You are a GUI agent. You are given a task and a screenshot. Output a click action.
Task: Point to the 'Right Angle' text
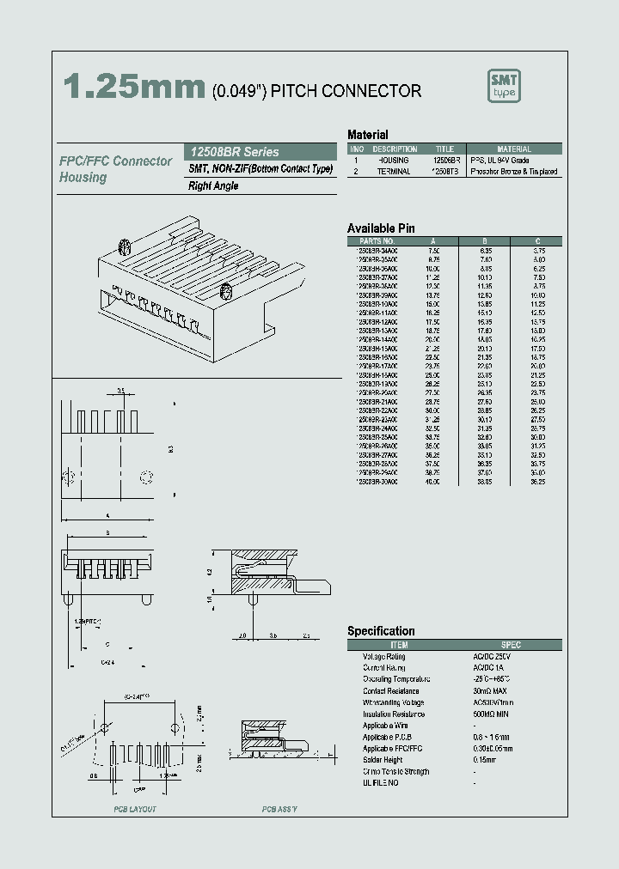pos(213,185)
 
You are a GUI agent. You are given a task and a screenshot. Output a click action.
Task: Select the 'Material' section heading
pos(367,135)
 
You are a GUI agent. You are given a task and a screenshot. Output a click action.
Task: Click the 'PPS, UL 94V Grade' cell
pos(499,161)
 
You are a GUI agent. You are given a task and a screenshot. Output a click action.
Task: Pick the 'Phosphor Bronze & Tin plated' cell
pos(514,172)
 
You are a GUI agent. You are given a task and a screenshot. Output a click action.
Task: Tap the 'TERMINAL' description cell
pos(395,172)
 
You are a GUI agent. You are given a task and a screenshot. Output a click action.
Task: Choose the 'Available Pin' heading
pos(381,228)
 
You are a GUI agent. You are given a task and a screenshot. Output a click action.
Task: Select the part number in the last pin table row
pos(377,483)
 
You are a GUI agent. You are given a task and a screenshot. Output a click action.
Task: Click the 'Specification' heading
pos(381,631)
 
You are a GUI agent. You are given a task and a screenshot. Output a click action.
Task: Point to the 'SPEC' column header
pos(511,645)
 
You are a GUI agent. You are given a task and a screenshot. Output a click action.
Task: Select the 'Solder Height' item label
pos(383,760)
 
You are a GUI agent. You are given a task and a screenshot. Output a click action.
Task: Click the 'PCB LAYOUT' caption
pos(135,809)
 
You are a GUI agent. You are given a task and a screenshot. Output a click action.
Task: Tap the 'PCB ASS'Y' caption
pos(279,809)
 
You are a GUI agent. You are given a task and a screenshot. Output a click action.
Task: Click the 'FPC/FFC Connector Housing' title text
pos(115,169)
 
